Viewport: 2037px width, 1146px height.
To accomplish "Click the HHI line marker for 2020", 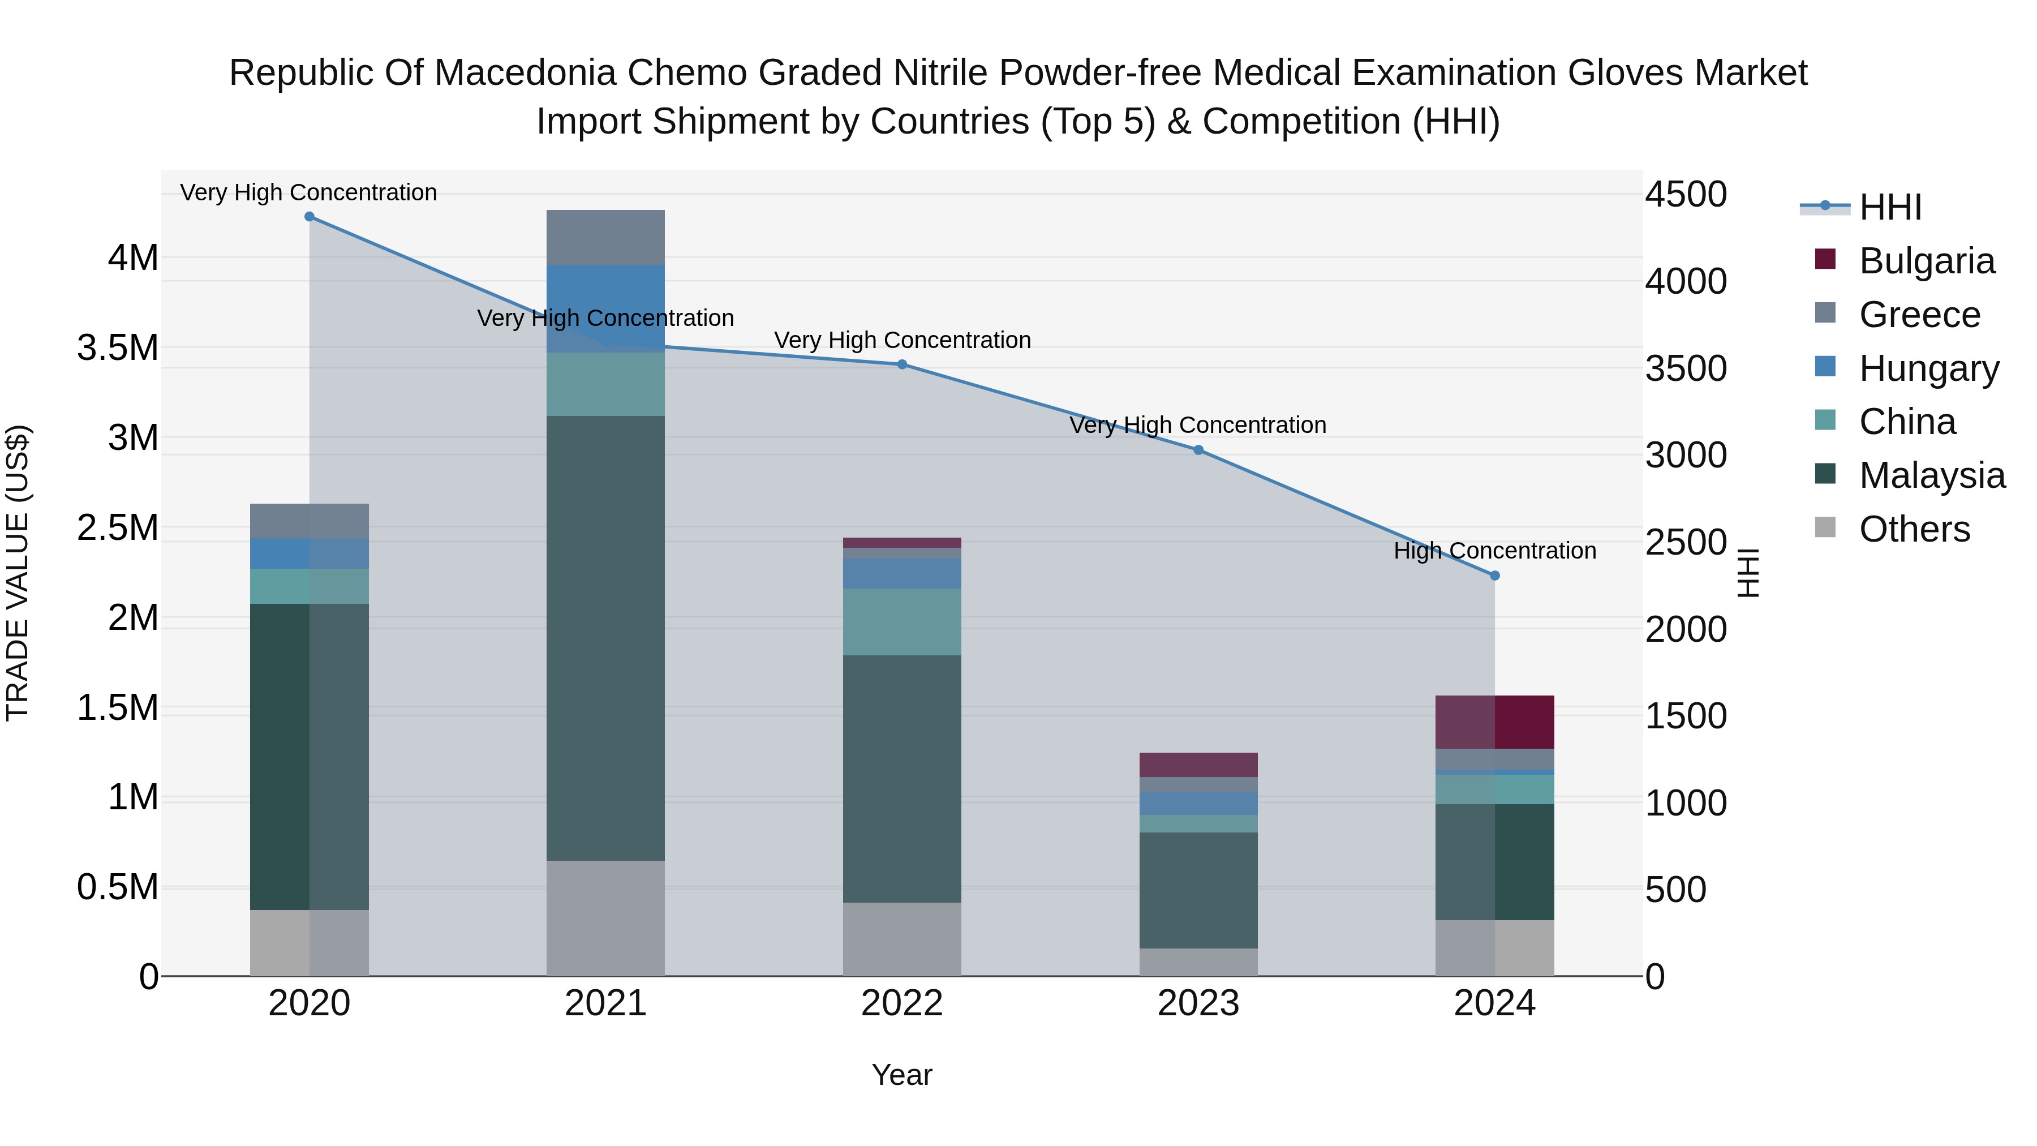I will [x=309, y=217].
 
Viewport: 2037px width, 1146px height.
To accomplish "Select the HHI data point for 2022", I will [x=901, y=364].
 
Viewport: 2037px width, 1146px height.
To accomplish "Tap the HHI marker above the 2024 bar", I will [x=1494, y=576].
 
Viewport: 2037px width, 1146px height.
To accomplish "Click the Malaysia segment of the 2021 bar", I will [x=605, y=637].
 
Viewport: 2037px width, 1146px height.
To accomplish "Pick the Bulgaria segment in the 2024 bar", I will [x=1494, y=722].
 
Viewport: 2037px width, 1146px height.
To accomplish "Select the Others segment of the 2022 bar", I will [x=901, y=939].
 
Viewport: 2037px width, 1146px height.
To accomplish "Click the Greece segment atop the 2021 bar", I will [x=605, y=237].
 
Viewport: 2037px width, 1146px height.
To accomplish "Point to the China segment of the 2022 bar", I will [x=901, y=621].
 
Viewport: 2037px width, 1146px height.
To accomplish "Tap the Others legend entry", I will [x=1914, y=529].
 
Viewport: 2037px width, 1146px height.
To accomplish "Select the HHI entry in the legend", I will [x=1890, y=207].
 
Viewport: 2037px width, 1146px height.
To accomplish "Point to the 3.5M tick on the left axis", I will [x=118, y=348].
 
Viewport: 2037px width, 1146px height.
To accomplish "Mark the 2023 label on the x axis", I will [x=1198, y=1003].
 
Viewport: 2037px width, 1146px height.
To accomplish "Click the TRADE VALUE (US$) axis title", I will [x=18, y=573].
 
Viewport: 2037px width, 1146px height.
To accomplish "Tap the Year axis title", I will [x=901, y=1075].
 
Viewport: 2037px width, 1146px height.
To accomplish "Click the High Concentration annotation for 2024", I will [x=1494, y=551].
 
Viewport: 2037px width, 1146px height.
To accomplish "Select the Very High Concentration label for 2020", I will [x=308, y=192].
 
